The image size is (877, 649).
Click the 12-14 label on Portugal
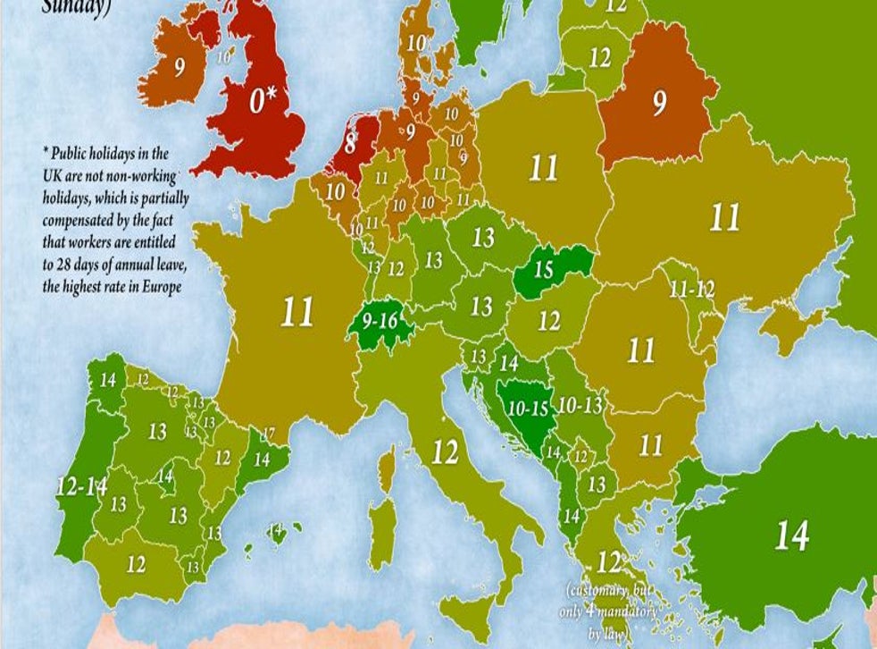click(x=81, y=487)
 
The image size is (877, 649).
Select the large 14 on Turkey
click(x=790, y=535)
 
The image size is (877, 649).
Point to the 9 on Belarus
click(x=659, y=105)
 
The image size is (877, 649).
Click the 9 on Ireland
click(x=180, y=69)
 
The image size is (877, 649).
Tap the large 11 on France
click(x=297, y=312)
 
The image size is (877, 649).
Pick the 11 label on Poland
click(x=543, y=168)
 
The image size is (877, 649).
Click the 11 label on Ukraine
click(x=724, y=217)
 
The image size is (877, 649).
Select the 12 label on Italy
click(x=445, y=453)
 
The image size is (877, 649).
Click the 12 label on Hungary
click(x=548, y=319)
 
